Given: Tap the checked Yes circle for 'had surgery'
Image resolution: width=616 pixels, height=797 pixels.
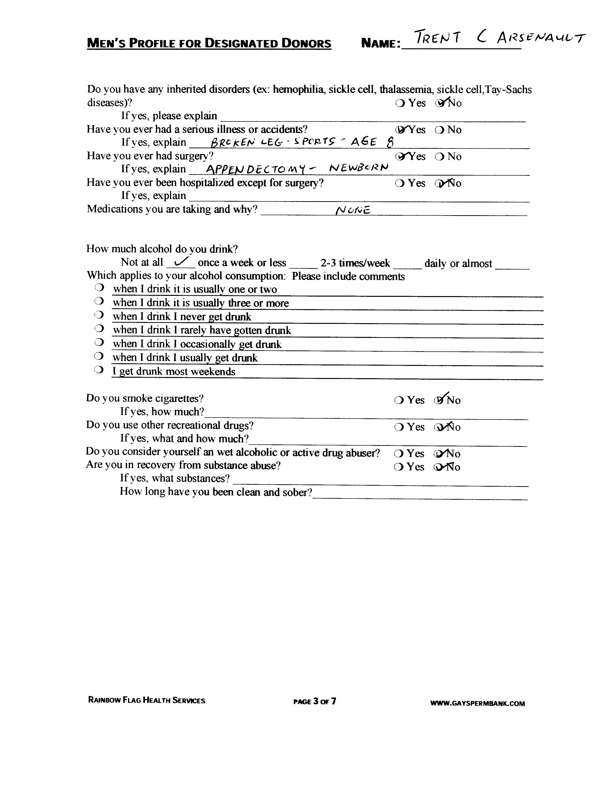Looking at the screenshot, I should tap(400, 157).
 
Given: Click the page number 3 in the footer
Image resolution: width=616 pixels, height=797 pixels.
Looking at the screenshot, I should tap(316, 701).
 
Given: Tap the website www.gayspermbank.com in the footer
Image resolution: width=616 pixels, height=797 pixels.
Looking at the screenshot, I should tap(477, 704).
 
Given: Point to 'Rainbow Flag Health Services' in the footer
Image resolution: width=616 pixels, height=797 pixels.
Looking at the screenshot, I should tap(146, 700).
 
